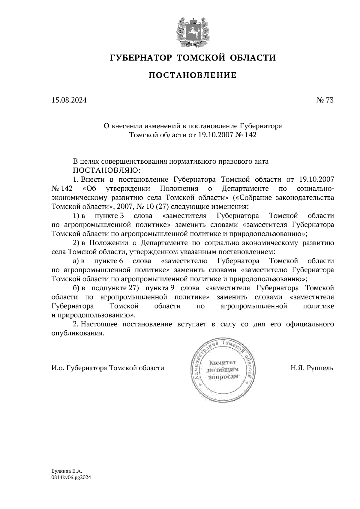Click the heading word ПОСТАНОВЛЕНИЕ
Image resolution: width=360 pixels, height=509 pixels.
pos(192,75)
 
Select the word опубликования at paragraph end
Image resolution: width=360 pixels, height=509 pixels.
pos(78,333)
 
